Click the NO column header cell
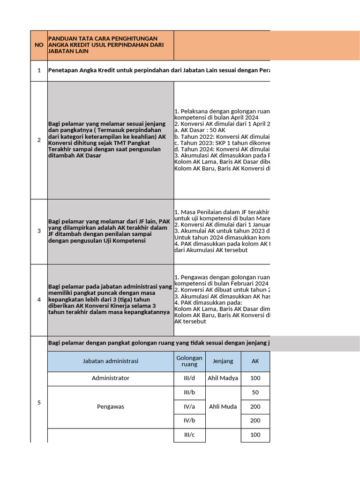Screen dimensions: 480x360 click(x=39, y=45)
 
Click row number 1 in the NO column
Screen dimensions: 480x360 click(x=39, y=70)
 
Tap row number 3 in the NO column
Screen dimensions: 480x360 click(x=39, y=231)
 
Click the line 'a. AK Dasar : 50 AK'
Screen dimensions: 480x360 click(x=200, y=130)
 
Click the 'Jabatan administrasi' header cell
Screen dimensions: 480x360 click(x=110, y=361)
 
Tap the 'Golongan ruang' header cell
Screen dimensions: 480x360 click(x=189, y=361)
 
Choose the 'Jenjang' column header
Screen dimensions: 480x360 click(x=223, y=361)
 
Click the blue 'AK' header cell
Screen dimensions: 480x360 click(x=255, y=361)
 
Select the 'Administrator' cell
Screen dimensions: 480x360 click(x=110, y=378)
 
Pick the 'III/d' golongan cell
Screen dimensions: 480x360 click(x=189, y=378)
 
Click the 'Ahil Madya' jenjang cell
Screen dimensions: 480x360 click(x=223, y=378)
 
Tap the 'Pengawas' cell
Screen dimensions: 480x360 click(x=110, y=407)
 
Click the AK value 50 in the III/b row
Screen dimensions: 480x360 click(x=255, y=393)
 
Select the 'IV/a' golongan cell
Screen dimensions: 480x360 click(x=189, y=407)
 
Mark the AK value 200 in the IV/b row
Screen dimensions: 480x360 click(x=255, y=421)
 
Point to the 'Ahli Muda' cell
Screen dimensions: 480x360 click(x=223, y=407)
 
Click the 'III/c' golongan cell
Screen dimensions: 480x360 click(x=189, y=435)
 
